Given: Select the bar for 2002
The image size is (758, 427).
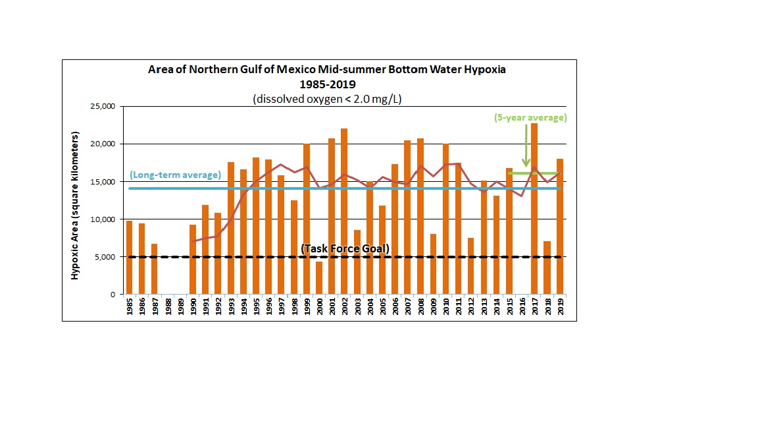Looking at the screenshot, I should click(x=343, y=211).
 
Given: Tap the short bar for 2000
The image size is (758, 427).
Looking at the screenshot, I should click(x=318, y=277).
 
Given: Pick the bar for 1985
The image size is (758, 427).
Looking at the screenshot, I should click(x=129, y=257).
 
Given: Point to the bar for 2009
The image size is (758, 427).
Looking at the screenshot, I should click(x=432, y=264).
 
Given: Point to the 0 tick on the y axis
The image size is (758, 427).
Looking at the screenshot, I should click(x=113, y=295).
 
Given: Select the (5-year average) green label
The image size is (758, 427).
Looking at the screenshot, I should click(x=530, y=117).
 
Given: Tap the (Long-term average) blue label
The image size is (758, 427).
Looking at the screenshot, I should click(x=174, y=175).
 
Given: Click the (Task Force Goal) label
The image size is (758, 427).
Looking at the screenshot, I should click(x=345, y=248).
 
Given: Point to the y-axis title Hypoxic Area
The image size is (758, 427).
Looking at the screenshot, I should click(x=75, y=206).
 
